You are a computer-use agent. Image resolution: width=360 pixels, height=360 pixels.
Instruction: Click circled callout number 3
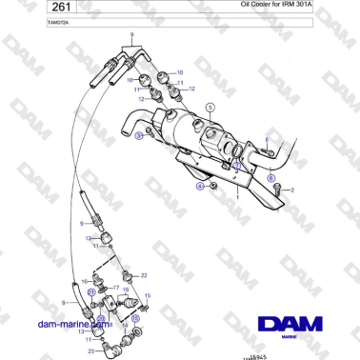click(139, 137)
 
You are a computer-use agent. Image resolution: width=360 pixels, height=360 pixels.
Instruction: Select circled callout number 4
click(200, 187)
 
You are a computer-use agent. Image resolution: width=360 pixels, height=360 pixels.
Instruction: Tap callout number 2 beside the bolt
click(291, 190)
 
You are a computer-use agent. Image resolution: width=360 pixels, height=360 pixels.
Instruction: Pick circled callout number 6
click(270, 178)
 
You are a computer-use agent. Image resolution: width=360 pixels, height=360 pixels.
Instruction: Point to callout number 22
click(144, 275)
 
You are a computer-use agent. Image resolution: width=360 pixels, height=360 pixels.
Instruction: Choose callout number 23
click(90, 351)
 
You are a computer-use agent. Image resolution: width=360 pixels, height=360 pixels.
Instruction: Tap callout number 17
click(115, 287)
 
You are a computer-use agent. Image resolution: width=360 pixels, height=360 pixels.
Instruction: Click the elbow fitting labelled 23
click(110, 349)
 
